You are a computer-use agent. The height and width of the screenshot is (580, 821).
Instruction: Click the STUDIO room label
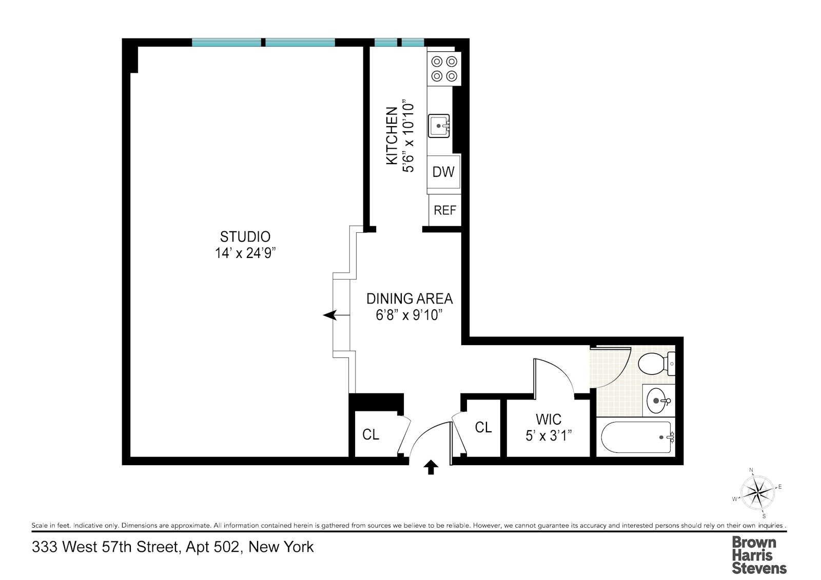[245, 237]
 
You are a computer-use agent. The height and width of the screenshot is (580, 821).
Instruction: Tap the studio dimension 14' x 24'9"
[245, 253]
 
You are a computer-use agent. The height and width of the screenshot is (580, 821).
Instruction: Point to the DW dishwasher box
[443, 172]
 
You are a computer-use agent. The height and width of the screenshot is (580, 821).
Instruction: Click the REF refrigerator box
[444, 210]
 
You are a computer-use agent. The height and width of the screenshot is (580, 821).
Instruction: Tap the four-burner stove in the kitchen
[444, 69]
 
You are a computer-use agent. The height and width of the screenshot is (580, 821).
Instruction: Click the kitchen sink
[439, 126]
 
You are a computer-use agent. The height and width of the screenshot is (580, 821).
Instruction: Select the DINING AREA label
[409, 298]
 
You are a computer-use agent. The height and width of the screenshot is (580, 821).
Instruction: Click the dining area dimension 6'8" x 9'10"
[409, 315]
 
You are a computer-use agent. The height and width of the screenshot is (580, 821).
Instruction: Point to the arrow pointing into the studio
[336, 315]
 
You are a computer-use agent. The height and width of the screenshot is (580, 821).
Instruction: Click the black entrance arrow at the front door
[431, 467]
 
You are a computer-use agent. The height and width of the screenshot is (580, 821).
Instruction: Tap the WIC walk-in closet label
[549, 419]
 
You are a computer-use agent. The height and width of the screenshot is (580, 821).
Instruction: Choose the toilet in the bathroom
[656, 364]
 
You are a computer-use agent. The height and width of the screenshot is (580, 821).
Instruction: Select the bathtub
[637, 437]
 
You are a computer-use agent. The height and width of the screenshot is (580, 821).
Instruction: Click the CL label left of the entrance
[370, 434]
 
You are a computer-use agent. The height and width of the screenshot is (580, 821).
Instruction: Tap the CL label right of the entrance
[483, 427]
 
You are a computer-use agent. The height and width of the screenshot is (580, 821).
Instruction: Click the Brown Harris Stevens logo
[759, 555]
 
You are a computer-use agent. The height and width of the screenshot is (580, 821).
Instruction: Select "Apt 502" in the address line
[213, 547]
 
